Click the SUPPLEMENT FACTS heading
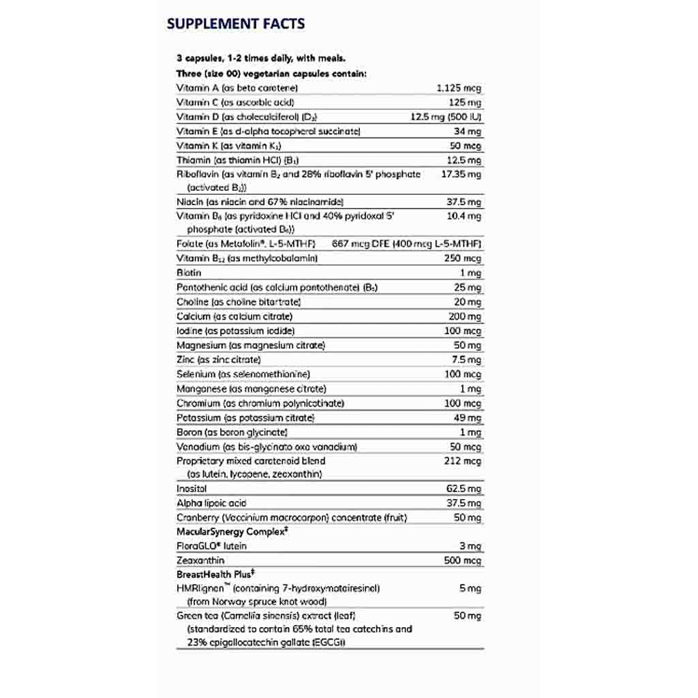(x=235, y=24)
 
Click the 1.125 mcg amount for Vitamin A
(x=459, y=88)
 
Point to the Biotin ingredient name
(x=189, y=273)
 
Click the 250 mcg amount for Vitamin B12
(x=463, y=258)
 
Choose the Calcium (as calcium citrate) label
(x=234, y=316)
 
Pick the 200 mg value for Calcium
(x=465, y=316)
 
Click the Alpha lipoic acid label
(x=211, y=503)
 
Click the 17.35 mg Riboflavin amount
(x=461, y=174)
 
